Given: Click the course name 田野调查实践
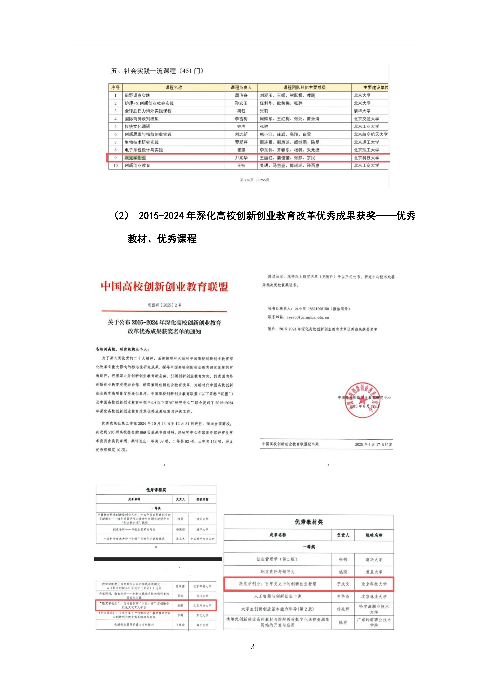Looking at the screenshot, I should pos(137,95).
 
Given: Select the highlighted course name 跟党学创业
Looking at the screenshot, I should pos(135,158).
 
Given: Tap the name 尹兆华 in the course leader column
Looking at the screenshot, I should pos(241,158).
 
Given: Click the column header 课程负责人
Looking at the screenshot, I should pos(241,87).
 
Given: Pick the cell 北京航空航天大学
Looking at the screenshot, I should pos(370,134).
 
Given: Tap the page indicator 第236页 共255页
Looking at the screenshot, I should pos(254,180).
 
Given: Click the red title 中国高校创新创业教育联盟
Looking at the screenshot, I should pos(164,286).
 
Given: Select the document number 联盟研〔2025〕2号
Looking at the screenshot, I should pos(164,305).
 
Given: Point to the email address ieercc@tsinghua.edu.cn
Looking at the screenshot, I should pos(308,317).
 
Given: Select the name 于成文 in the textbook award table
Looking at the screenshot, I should pos(343,584).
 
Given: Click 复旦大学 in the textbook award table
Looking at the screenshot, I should pos(374,572).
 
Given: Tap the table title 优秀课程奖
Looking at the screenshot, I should pos(156,490).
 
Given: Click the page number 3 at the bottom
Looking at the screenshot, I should pos(252,646).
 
